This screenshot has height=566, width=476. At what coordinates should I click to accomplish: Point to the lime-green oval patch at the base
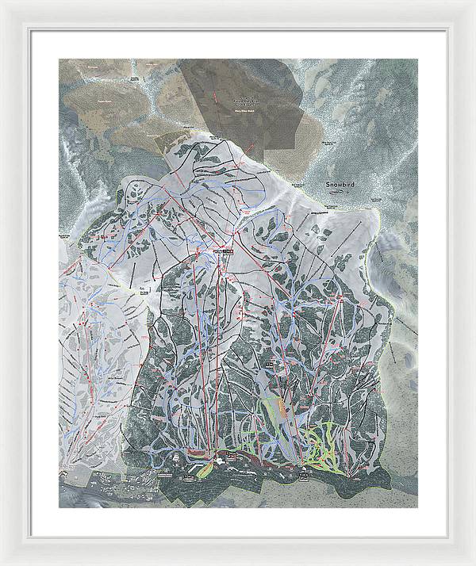click(204, 469)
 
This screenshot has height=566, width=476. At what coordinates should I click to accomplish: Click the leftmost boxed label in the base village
click(165, 476)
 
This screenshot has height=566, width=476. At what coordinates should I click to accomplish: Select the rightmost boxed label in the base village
click(304, 479)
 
